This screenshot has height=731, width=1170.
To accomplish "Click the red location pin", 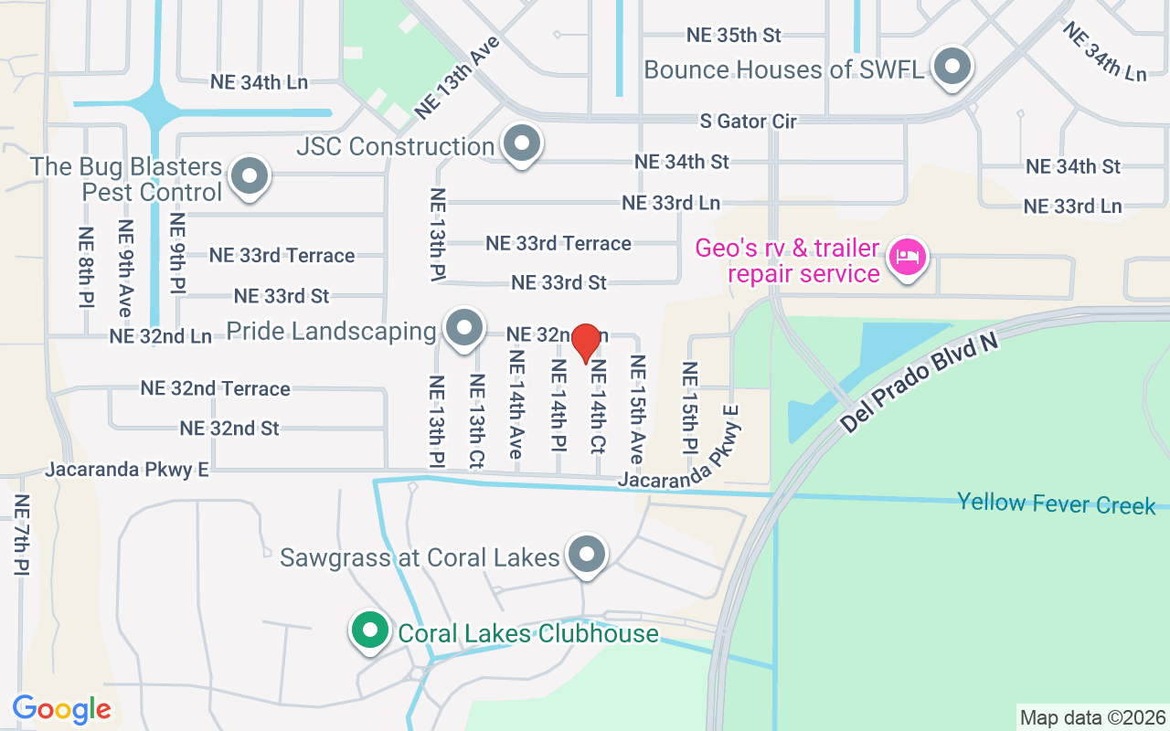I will click(585, 343).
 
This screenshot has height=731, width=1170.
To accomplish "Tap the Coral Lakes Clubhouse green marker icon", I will click(369, 631).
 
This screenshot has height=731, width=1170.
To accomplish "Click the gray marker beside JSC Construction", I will click(522, 143).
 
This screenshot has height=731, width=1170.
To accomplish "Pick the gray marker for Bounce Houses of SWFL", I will click(952, 67).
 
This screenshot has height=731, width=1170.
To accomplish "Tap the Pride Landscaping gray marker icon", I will click(463, 328).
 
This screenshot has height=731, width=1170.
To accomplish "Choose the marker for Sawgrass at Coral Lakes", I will click(587, 554).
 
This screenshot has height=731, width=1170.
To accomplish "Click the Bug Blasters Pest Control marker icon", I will click(248, 176).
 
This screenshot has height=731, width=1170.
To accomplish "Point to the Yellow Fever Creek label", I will click(1056, 503).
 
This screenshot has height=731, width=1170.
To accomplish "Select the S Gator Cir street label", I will click(748, 121).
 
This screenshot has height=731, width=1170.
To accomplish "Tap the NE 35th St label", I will click(734, 36).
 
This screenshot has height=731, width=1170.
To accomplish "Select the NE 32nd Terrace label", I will click(215, 388).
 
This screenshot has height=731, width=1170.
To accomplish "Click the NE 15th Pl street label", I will click(689, 407).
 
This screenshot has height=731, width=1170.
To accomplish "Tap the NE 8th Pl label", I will click(87, 267).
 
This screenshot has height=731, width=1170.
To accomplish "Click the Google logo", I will click(62, 708).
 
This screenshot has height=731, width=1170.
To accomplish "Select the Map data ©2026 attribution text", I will click(1092, 717).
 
